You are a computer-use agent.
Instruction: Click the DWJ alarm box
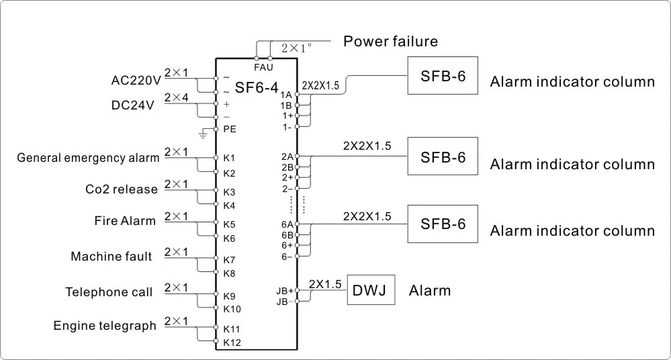click(x=371, y=290)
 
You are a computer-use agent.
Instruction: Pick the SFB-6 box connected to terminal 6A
click(x=443, y=224)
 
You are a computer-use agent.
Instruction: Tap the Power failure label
click(x=390, y=42)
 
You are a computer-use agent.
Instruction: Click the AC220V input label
click(x=136, y=81)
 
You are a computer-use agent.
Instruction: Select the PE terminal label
click(x=230, y=128)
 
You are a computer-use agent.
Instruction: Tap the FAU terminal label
click(x=263, y=68)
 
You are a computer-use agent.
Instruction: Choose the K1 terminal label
click(x=229, y=159)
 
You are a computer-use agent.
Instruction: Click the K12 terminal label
click(x=231, y=343)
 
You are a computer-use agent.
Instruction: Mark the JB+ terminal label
click(x=285, y=291)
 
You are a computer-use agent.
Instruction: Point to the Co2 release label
click(x=122, y=189)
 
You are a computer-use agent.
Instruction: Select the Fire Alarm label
click(x=124, y=221)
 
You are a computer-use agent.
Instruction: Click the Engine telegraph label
click(x=105, y=326)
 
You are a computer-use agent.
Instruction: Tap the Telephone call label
click(x=109, y=292)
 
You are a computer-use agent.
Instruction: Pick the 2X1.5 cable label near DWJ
click(x=326, y=283)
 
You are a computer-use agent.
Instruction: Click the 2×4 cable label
click(x=176, y=97)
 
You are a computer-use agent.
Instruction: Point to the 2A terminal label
click(x=287, y=156)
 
